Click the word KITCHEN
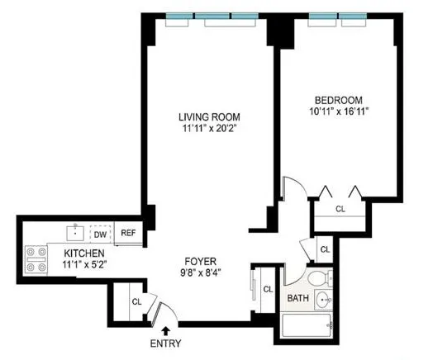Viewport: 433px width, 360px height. coord(85,253)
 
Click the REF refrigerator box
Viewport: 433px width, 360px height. coord(128,233)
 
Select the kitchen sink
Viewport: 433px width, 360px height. coord(74,232)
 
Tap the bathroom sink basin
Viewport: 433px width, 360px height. coord(325,300)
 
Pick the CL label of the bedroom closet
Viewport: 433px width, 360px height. coord(340,210)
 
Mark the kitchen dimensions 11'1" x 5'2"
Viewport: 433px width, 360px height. coord(86,265)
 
